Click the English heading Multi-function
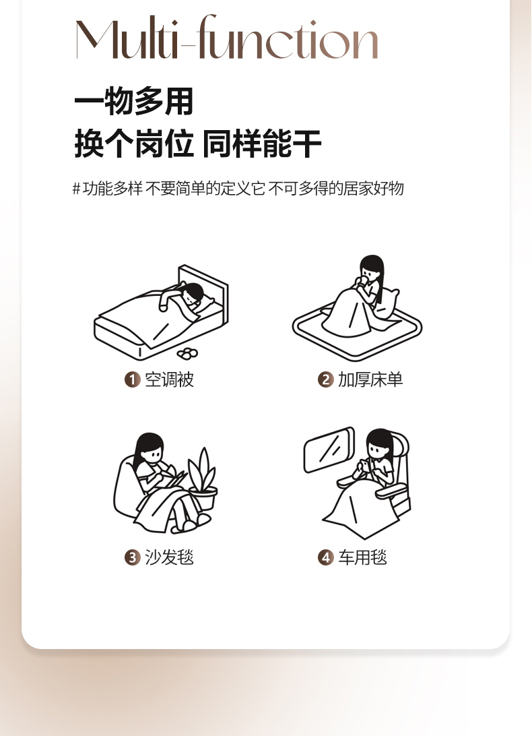point(227,37)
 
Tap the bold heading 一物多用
point(134,101)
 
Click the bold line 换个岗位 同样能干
point(197,143)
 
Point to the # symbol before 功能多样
point(76,189)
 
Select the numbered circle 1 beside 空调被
point(132,379)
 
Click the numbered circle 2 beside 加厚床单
point(325,379)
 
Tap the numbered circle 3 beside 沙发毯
point(132,557)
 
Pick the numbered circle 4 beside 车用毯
point(325,557)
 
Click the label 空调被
point(169,379)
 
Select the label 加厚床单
point(370,379)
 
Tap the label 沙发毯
point(169,557)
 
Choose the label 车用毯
point(363,557)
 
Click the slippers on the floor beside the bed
point(188,353)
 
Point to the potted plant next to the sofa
point(203,479)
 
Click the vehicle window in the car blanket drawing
point(329,450)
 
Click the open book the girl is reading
point(173,477)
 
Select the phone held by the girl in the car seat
point(364,466)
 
